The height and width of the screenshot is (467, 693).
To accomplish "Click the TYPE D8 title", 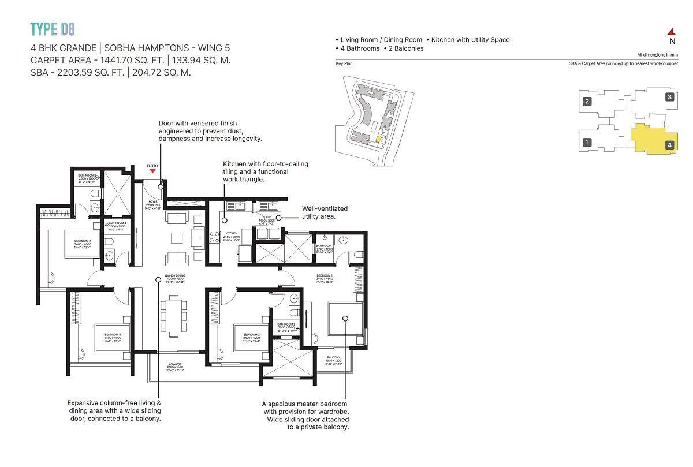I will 53,28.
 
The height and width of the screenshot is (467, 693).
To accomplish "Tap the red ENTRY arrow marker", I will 152,171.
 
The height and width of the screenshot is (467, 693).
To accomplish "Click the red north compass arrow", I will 672,32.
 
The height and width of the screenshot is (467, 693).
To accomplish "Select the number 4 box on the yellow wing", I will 669,145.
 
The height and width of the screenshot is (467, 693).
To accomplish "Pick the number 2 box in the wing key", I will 587,102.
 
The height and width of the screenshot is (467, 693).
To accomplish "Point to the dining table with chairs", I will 174,315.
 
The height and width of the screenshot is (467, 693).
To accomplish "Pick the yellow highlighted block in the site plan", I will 379,139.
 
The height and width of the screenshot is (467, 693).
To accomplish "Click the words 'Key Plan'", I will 344,63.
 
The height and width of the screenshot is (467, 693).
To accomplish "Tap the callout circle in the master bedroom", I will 345,317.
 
